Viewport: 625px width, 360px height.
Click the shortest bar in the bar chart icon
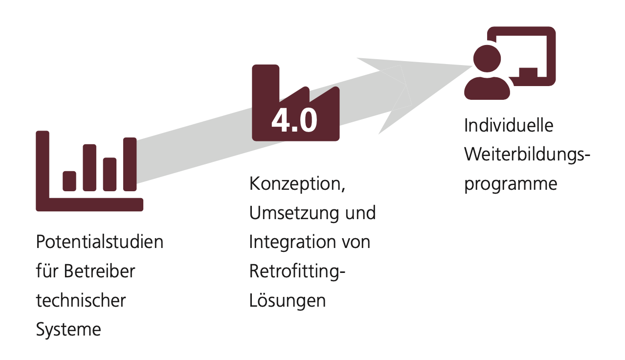coord(69,181)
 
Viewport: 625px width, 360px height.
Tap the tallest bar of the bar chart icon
coord(130,164)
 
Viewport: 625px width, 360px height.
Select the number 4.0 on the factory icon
coord(294,120)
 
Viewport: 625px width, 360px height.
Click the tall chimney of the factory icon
coord(266,84)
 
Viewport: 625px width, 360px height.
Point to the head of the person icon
coord(487,59)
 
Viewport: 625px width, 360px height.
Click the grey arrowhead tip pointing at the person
coord(471,66)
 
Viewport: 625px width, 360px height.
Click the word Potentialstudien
coord(100,242)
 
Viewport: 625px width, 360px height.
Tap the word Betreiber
coord(99,271)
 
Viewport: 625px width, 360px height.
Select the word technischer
coord(81,300)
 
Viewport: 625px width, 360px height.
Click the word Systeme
coord(68,330)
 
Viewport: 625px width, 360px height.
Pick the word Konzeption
coord(297,184)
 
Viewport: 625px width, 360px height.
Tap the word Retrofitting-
coord(297,271)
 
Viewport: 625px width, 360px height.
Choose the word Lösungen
coord(288,300)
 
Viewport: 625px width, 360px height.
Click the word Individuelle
coord(509,125)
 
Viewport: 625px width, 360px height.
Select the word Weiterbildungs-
coord(527,155)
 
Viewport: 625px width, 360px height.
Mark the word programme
coord(511,184)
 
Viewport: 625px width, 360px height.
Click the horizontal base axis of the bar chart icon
coord(89,204)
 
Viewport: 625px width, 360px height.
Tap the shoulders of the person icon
coord(487,89)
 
